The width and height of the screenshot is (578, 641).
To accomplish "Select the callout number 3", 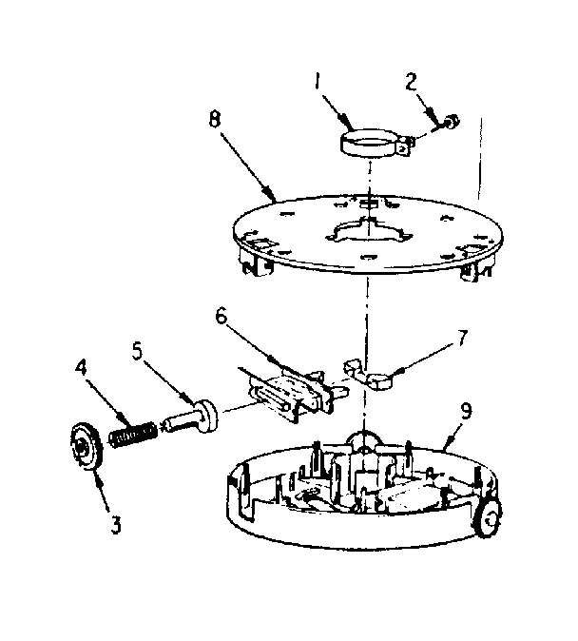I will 116,524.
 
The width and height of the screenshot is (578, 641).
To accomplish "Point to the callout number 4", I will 80,366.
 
